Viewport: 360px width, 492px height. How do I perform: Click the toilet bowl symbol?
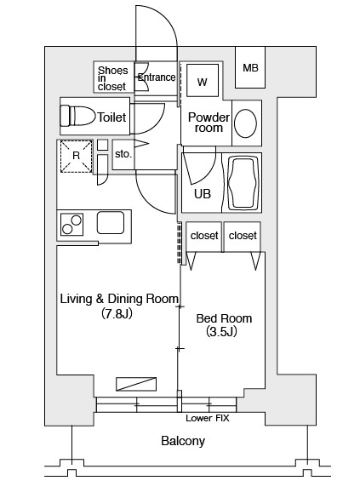pos(77,116)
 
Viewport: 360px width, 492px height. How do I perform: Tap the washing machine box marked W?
pos(203,81)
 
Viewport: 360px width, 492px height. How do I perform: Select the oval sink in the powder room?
pos(245,123)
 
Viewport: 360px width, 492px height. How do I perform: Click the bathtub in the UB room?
pos(243,183)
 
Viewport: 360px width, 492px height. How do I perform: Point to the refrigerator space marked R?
pos(77,157)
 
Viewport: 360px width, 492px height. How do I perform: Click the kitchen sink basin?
pos(111,223)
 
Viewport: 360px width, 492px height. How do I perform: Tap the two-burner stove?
pos(71,225)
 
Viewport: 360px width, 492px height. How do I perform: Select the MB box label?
pos(250,68)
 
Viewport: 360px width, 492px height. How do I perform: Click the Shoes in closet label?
pos(112,78)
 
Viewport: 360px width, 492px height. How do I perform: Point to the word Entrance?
pos(157,77)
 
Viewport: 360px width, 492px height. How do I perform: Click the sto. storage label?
pos(123,154)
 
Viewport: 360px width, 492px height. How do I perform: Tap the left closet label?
pos(204,235)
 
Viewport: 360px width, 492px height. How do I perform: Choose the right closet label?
pos(243,235)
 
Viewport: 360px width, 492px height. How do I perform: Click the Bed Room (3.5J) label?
pos(224,325)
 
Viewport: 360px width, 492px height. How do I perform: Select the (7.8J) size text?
pos(117,313)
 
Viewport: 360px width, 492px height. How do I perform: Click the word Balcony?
pos(183,441)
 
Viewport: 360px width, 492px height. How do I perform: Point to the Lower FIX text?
pos(208,418)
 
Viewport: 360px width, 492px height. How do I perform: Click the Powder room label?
pos(209,123)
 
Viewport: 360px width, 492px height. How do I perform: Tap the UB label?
pos(203,194)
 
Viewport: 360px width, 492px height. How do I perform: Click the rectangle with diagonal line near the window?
pos(136,384)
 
